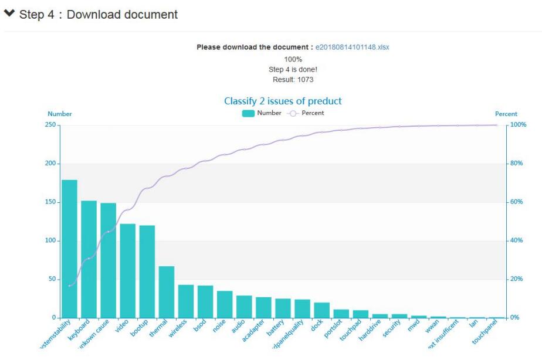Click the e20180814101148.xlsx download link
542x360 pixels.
point(352,47)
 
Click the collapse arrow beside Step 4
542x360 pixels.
point(9,14)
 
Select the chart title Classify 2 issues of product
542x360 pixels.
point(283,101)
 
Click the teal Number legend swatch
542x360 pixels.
point(248,113)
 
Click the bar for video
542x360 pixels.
point(128,271)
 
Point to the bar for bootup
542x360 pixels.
point(147,271)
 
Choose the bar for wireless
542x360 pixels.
point(186,301)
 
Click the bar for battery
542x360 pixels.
point(283,308)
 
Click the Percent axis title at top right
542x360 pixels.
point(506,114)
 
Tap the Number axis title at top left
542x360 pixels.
point(60,114)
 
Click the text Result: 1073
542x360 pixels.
point(293,80)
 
